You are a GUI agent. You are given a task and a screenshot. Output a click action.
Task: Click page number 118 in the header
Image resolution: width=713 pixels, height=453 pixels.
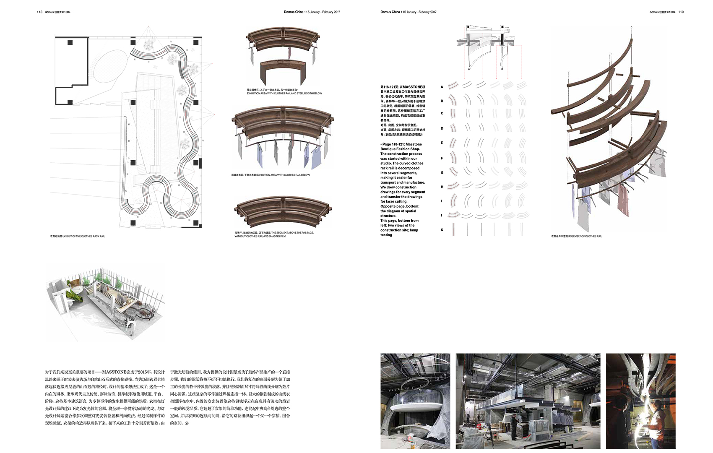[x=39, y=12]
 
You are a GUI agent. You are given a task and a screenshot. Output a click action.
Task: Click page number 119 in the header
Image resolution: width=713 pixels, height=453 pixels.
[x=681, y=12]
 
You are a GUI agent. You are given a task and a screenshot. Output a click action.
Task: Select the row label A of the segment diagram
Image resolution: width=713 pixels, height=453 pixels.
[x=442, y=87]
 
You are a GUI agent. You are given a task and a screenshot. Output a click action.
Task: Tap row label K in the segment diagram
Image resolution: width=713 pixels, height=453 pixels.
[x=442, y=230]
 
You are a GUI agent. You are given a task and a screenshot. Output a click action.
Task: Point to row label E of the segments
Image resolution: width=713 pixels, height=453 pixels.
[x=442, y=143]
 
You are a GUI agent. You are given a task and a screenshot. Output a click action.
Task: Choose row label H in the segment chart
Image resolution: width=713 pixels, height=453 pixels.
[x=442, y=187]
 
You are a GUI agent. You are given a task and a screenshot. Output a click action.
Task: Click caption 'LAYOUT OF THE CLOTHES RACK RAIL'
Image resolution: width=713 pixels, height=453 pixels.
[x=83, y=237]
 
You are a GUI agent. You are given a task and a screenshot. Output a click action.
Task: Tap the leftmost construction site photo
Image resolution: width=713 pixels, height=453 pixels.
[x=415, y=401]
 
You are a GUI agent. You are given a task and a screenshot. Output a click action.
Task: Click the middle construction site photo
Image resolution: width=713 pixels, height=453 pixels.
[x=528, y=401]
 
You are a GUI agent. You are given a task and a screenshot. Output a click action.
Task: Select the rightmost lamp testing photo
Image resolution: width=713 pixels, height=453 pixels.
[x=640, y=401]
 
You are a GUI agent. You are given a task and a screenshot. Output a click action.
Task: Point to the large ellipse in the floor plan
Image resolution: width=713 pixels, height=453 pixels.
[x=109, y=65]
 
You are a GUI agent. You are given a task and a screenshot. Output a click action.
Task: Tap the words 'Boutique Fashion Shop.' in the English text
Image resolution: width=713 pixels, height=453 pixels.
[x=400, y=149]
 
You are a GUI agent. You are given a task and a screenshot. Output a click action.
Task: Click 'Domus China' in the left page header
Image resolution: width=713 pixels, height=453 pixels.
[x=293, y=12]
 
